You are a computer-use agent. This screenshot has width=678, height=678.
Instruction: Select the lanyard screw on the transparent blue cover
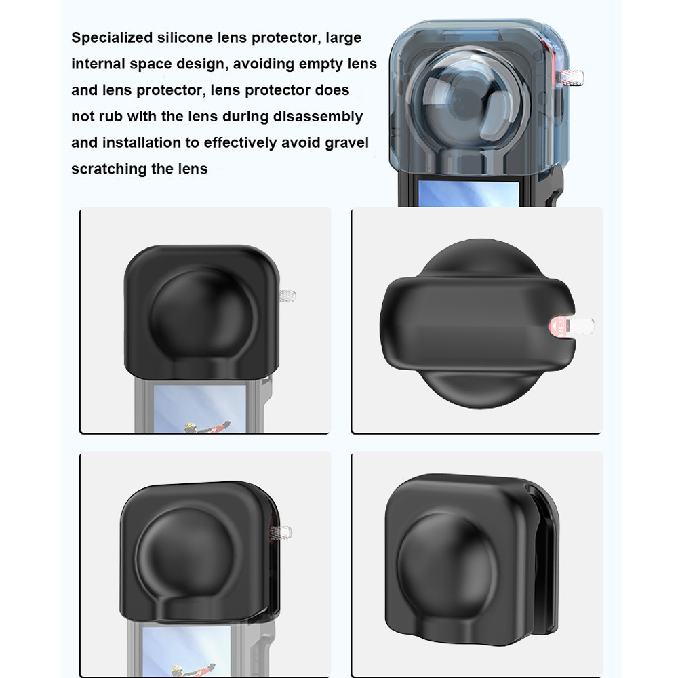click(570, 77)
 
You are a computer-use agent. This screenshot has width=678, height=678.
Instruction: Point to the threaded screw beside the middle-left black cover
click(287, 296)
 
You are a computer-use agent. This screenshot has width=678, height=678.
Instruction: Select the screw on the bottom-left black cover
click(281, 533)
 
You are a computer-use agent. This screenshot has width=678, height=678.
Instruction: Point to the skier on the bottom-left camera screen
click(193, 671)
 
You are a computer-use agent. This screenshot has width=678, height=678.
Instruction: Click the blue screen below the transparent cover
click(468, 193)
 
